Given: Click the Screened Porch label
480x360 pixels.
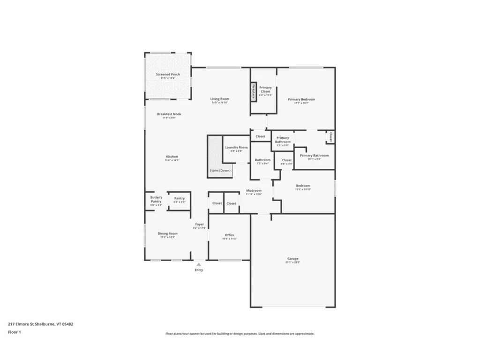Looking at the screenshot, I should pyautogui.click(x=168, y=74).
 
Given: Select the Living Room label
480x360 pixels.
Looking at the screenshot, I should pyautogui.click(x=219, y=99).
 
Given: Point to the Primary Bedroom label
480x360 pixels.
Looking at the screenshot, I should pyautogui.click(x=301, y=99).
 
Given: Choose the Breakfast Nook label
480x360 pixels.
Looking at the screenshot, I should pyautogui.click(x=169, y=114).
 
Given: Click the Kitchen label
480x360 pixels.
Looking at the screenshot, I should pyautogui.click(x=172, y=157).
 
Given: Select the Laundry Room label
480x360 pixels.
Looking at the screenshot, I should pyautogui.click(x=236, y=147).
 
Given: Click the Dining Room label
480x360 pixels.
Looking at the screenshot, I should pyautogui.click(x=167, y=233).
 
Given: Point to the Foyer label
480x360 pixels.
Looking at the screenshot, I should pyautogui.click(x=199, y=225).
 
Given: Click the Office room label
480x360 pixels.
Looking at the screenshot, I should pyautogui.click(x=229, y=235).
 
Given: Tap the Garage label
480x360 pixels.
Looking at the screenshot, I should pyautogui.click(x=293, y=259).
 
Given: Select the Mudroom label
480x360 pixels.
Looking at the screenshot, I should pyautogui.click(x=254, y=191).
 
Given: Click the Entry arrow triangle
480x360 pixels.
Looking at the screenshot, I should pyautogui.click(x=199, y=265).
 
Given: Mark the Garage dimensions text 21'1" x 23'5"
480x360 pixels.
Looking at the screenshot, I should pyautogui.click(x=293, y=262).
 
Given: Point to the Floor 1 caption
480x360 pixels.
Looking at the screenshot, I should pyautogui.click(x=15, y=332).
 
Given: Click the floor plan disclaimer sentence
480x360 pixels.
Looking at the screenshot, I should pyautogui.click(x=240, y=334).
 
